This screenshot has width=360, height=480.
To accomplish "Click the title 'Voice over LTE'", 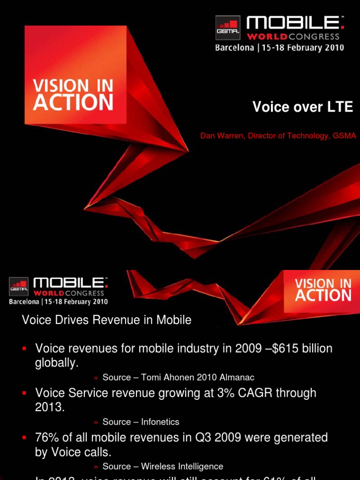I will [x=302, y=107].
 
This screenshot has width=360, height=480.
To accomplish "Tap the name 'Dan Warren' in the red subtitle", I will [x=222, y=136].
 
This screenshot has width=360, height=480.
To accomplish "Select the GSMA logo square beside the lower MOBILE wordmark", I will [x=18, y=286].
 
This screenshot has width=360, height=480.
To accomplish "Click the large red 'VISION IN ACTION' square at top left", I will [x=75, y=75].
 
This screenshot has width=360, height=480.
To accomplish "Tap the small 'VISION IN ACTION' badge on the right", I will [x=322, y=291].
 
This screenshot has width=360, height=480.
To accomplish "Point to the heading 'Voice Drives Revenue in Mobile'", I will [x=107, y=320].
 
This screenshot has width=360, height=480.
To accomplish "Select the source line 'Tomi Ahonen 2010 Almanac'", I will [x=179, y=377].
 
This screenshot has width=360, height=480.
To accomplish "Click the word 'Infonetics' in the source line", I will [x=160, y=422].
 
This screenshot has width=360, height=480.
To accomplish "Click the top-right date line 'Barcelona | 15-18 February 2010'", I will [x=279, y=48].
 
